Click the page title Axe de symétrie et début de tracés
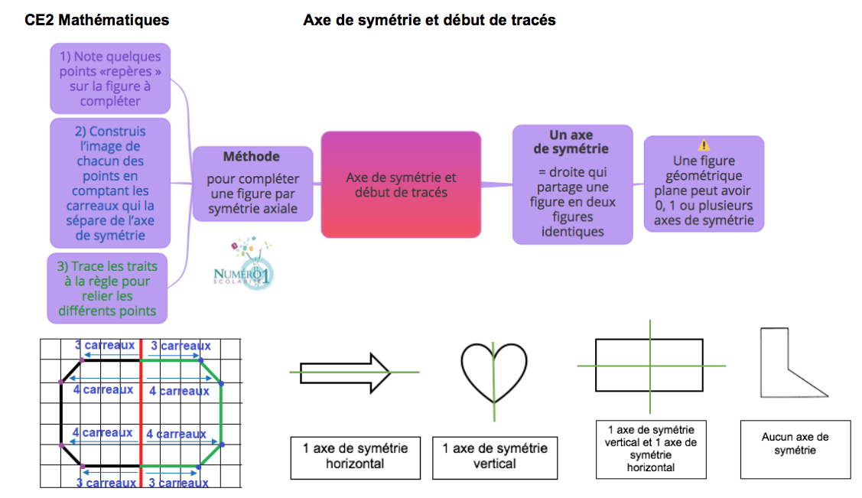pos(429,21)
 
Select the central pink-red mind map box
pos(401,184)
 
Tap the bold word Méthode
pos(252,156)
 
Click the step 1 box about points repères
pos(110,78)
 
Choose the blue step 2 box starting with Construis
pos(109,183)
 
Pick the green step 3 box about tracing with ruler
pos(107,288)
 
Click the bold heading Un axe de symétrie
pos(571,142)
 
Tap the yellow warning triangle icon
pos(704,145)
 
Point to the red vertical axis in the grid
pos(141,413)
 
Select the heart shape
pos(493,372)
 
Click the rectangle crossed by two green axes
pos(649,366)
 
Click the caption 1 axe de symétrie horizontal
pos(356,456)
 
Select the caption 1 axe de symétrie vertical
pos(495,456)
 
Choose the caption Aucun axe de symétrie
pos(795,444)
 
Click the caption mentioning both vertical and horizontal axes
pos(650,448)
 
